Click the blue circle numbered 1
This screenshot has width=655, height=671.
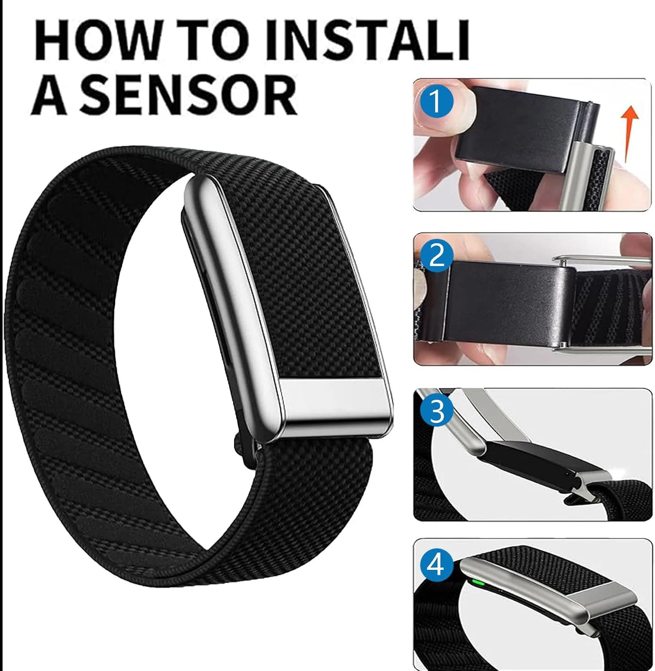click(x=436, y=101)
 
